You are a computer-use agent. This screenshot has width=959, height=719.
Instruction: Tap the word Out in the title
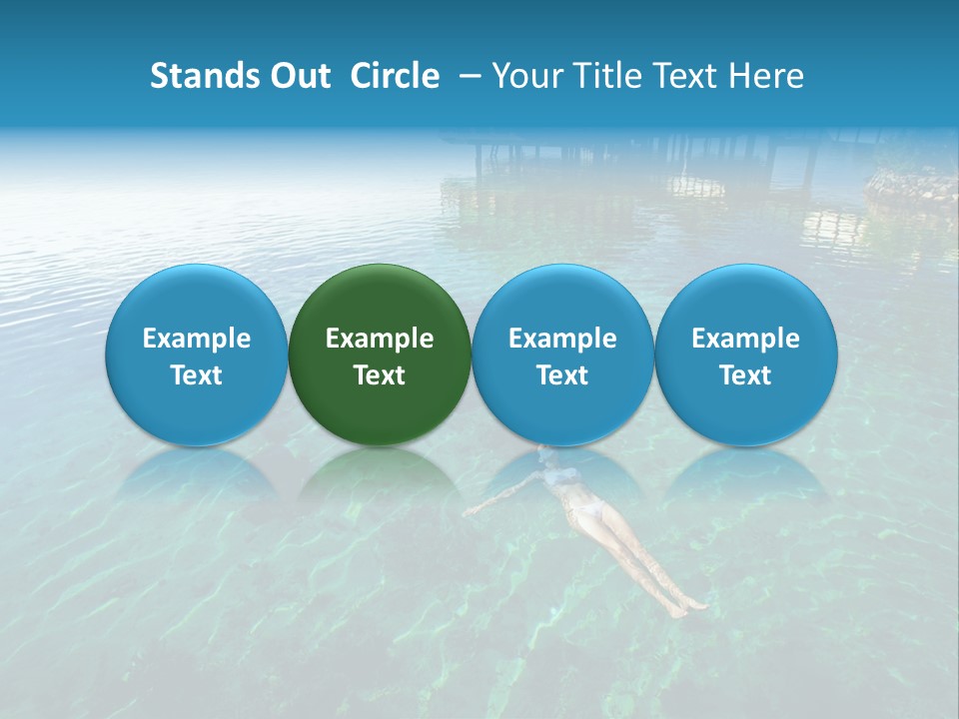(298, 76)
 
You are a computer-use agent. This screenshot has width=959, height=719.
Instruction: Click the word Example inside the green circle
(380, 339)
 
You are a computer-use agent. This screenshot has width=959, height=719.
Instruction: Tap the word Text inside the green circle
(380, 375)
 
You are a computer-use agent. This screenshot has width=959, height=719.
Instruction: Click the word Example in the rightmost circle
(746, 339)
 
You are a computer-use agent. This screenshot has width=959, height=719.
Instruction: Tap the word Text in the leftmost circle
(196, 375)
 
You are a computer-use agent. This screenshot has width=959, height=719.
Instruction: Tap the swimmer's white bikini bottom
(589, 512)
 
